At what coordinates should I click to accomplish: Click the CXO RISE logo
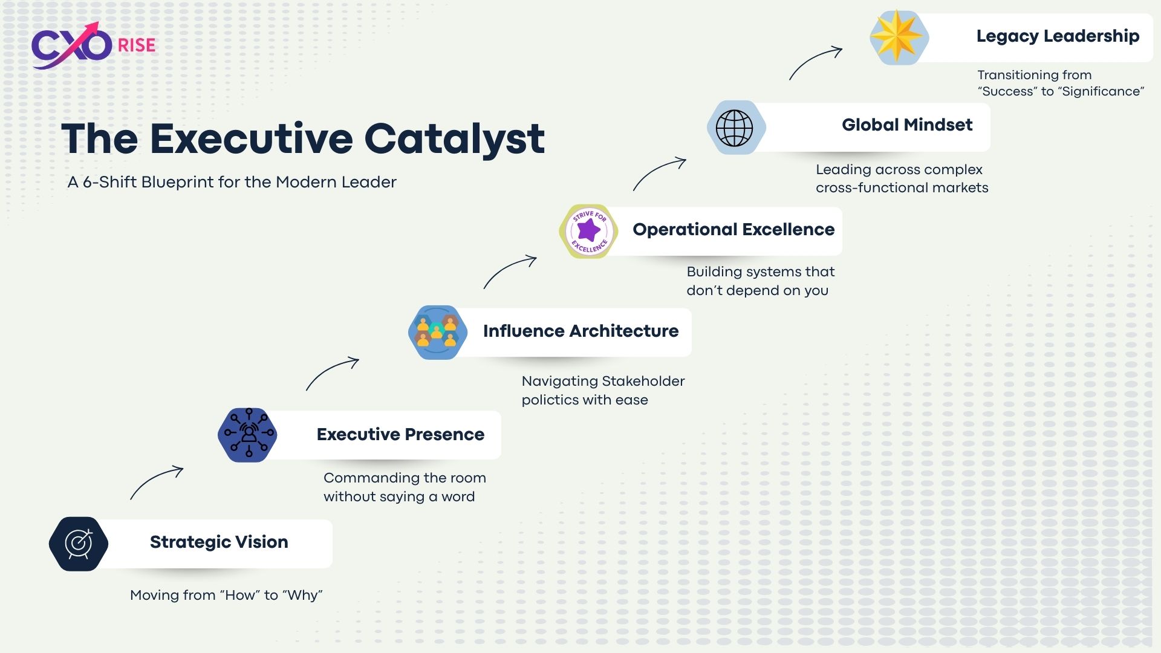click(94, 45)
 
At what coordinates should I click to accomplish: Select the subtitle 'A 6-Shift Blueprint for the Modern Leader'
click(232, 182)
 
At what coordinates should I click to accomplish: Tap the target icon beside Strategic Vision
click(79, 544)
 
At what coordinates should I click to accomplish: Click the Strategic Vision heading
click(219, 542)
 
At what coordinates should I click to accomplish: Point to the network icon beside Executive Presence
click(247, 435)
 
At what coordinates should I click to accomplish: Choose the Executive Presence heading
click(400, 434)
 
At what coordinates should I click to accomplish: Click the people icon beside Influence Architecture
click(438, 333)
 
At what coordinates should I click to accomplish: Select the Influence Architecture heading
click(580, 331)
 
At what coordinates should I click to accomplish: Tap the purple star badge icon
click(589, 231)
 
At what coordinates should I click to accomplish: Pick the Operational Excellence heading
click(733, 229)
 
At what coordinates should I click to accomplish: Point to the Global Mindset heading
click(907, 125)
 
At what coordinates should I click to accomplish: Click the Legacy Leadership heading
click(1058, 36)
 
